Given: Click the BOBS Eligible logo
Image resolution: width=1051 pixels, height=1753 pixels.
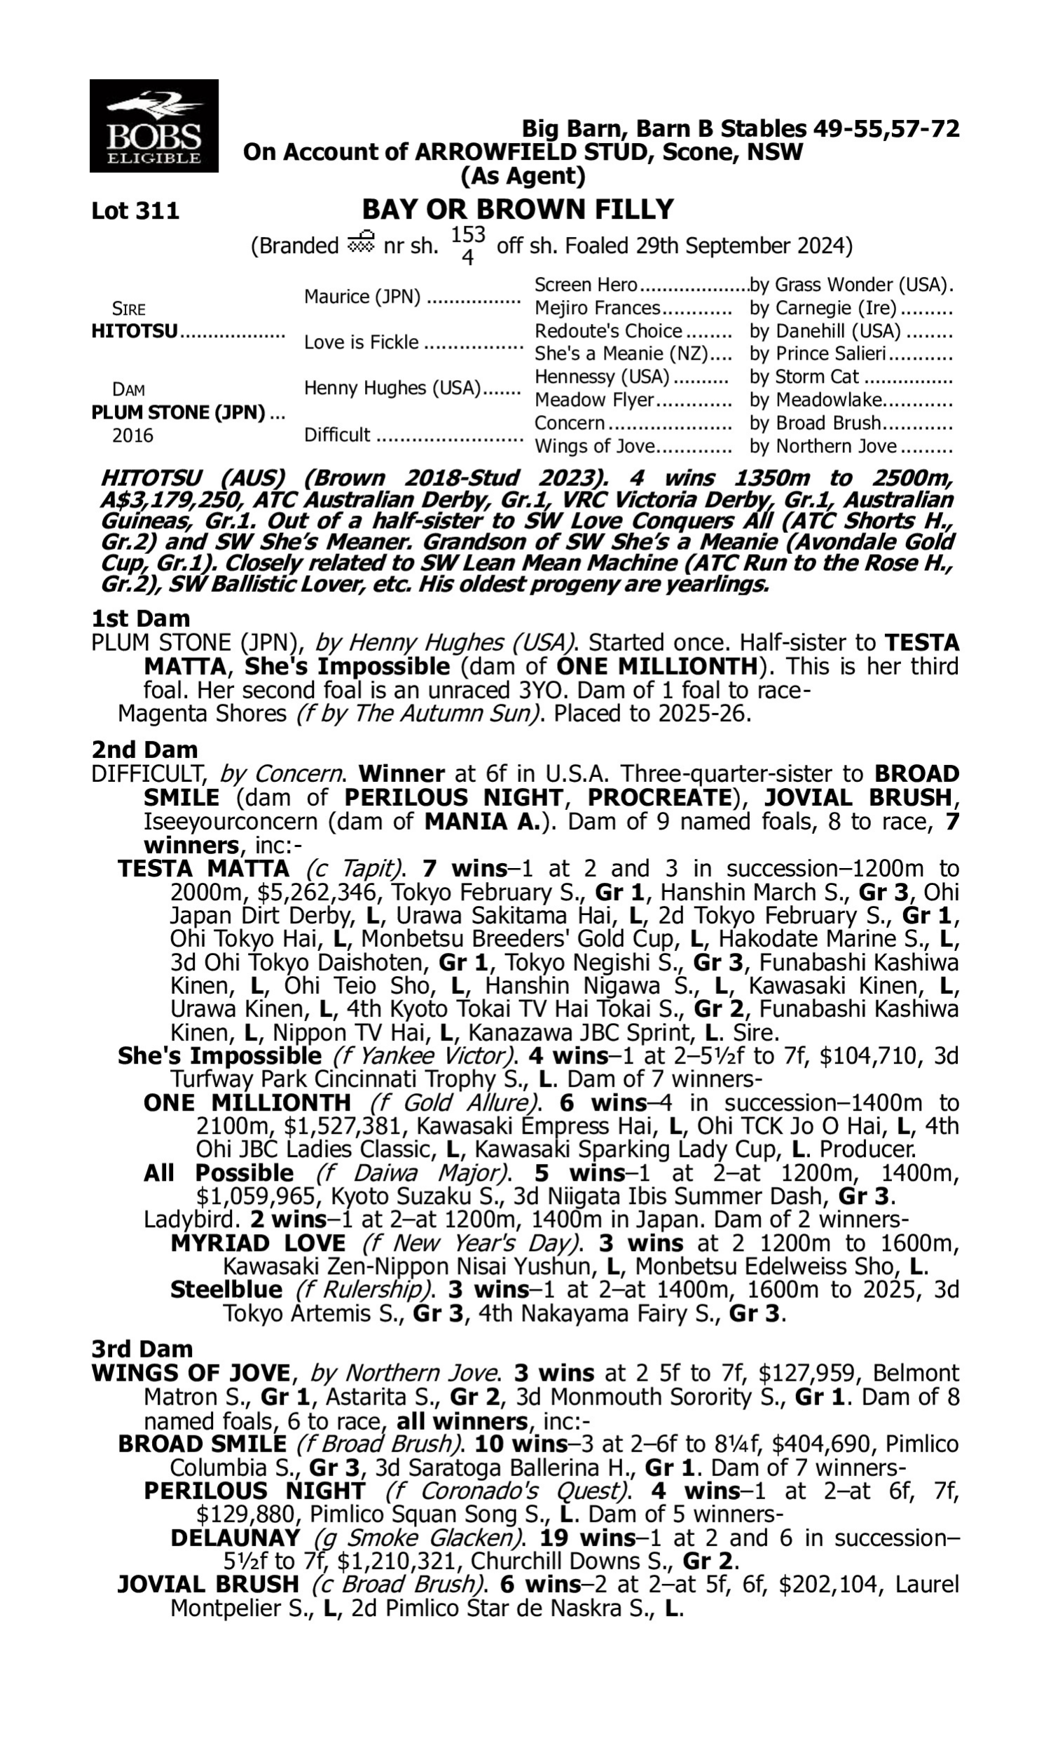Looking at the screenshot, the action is [153, 126].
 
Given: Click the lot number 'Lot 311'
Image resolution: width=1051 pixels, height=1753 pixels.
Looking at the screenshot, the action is [135, 211].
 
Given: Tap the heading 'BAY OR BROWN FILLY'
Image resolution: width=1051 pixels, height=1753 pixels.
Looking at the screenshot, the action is [518, 210].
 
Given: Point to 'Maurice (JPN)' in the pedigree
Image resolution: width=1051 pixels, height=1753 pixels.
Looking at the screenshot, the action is [362, 297].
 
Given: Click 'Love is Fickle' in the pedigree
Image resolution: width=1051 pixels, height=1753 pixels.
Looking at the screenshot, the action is [361, 342].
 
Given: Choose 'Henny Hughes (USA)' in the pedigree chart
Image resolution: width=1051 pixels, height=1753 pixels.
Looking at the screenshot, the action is [392, 388].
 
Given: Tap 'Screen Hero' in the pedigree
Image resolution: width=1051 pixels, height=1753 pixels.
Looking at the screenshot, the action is [586, 285].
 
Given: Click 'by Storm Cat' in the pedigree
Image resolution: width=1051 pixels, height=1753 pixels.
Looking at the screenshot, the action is [804, 377].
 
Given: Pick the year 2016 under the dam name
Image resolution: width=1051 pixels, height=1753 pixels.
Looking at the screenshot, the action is [132, 435].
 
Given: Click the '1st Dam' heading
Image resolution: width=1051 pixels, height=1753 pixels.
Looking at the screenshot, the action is [141, 618].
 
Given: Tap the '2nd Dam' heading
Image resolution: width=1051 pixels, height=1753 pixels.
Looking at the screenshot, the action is [144, 749].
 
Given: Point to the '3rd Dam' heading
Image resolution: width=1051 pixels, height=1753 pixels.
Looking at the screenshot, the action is [142, 1348].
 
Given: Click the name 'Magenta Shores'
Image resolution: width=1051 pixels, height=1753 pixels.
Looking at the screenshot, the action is [202, 713].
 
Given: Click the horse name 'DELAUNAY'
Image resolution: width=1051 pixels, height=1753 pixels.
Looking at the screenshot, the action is [235, 1538].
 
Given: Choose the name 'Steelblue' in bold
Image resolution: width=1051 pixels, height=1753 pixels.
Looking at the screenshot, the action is [226, 1290].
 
